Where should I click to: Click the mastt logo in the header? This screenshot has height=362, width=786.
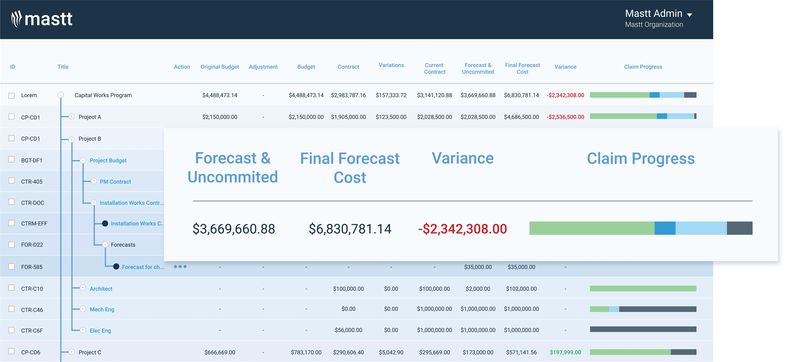42,19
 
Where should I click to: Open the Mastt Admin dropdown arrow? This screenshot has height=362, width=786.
689,15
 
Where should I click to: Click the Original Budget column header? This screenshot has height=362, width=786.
220,67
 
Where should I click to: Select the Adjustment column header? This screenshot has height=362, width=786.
263,67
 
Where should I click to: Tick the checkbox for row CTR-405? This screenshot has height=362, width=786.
12,181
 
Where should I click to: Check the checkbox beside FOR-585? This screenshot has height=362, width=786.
12,266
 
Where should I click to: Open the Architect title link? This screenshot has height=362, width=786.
101,289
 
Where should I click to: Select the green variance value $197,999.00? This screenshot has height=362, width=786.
565,352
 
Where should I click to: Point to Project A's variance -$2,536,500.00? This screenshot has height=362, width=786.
565,117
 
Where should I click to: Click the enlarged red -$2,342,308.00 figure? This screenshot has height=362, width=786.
462,229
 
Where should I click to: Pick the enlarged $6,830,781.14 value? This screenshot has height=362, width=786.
350,229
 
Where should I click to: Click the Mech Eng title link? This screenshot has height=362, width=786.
102,309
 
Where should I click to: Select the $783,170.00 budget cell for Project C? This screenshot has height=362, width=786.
306,352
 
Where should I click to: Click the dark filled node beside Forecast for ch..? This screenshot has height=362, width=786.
116,266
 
